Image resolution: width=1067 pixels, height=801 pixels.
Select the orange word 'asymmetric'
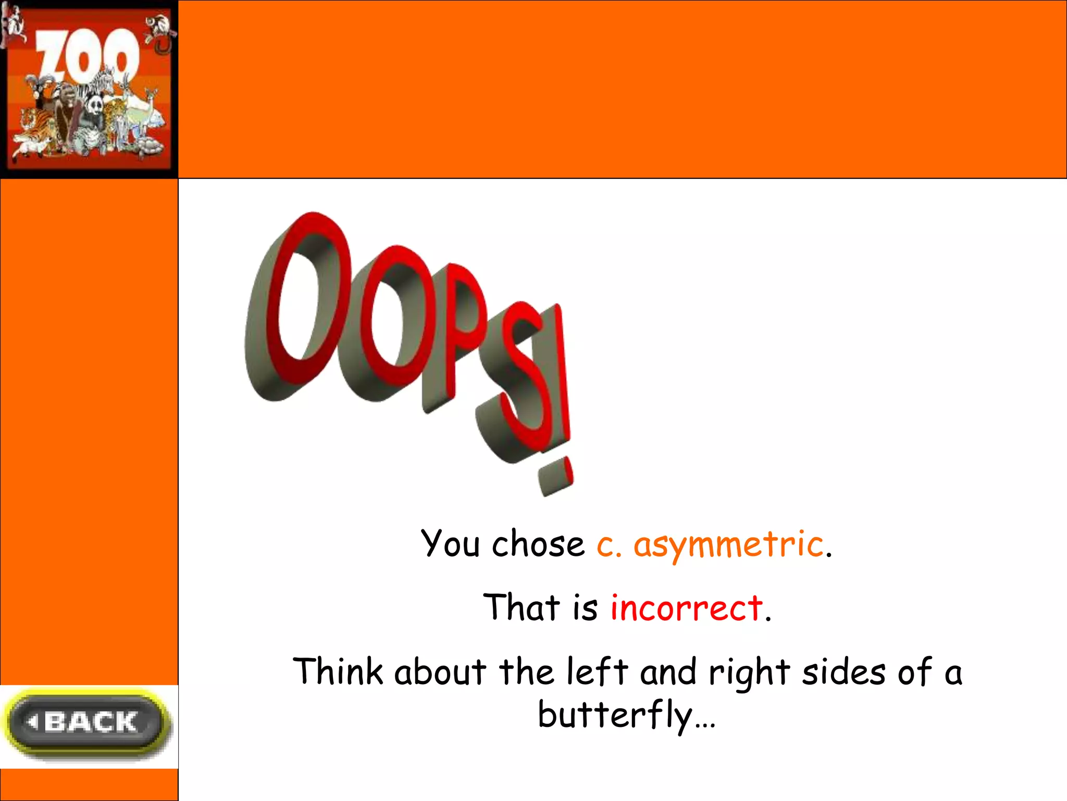[x=728, y=545]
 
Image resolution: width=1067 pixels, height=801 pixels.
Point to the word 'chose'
[x=538, y=544]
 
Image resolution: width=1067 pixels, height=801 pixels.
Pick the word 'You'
[x=450, y=544]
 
